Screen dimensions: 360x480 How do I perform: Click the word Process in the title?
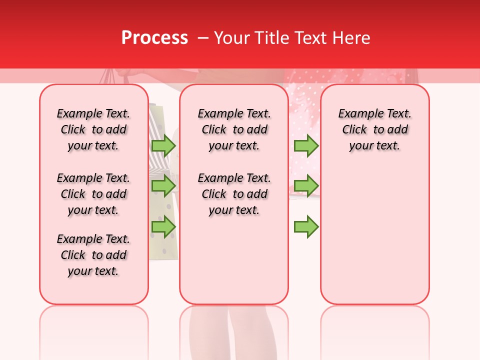[x=154, y=38]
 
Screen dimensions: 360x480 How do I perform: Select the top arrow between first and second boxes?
[x=163, y=145]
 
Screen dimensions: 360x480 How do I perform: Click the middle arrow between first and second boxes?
[x=163, y=185]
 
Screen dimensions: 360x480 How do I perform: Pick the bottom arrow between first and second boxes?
[x=163, y=226]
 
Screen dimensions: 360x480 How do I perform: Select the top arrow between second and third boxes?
[x=306, y=145]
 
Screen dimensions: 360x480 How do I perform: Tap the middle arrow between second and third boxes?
[x=306, y=185]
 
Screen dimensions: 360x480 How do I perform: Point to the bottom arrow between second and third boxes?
[x=306, y=226]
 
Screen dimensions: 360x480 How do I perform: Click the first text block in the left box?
[x=93, y=129]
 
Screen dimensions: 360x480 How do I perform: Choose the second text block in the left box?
[x=93, y=194]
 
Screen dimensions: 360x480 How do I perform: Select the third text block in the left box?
[x=93, y=255]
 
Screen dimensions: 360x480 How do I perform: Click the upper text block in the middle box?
[x=234, y=129]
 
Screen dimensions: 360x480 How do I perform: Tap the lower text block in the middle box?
[x=234, y=194]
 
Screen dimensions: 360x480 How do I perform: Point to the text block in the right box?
[x=374, y=129]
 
